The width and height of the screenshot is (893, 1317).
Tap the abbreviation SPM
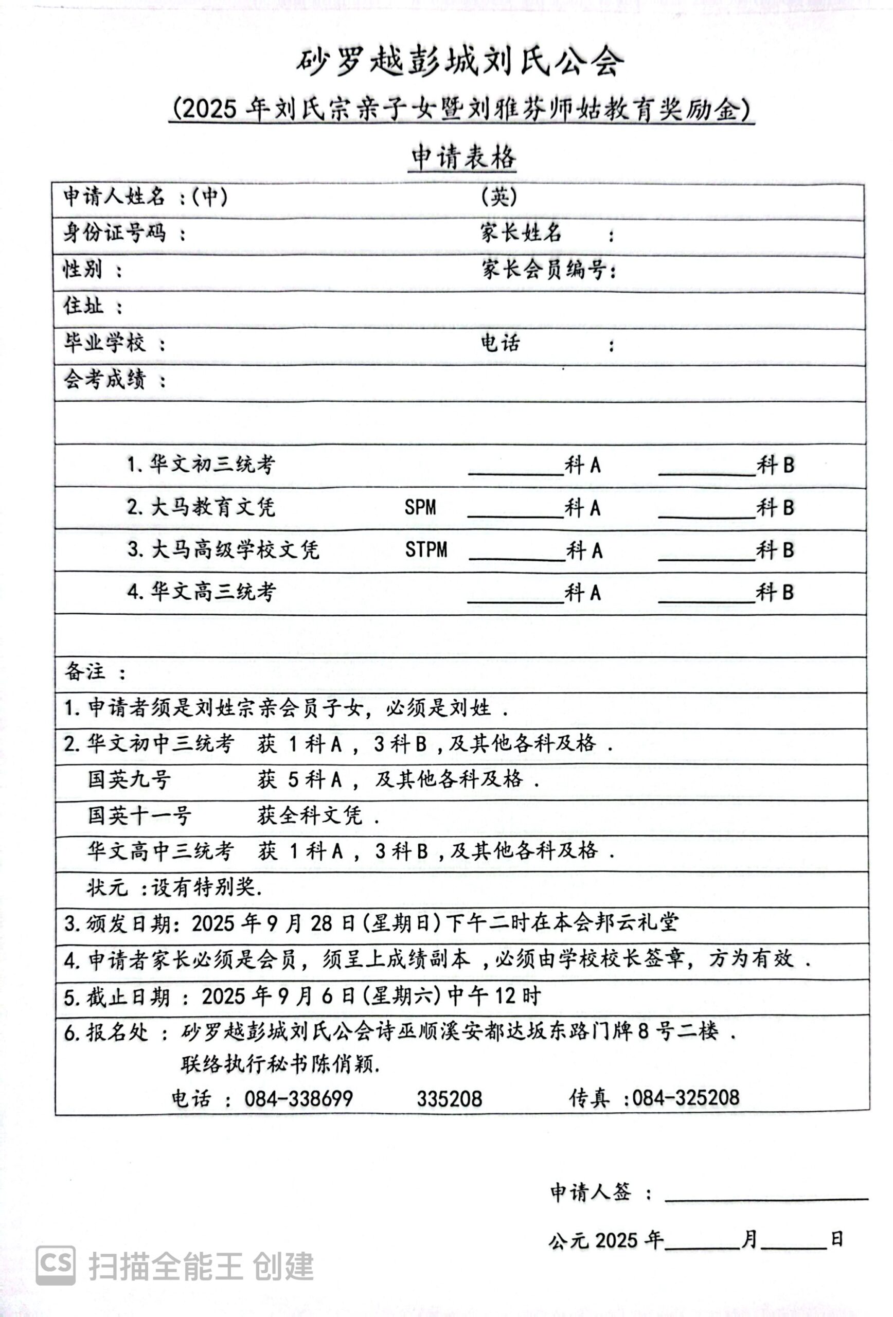point(420,507)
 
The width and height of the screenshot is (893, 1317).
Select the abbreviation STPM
point(425,550)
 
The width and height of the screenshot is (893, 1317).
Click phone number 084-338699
point(299,1099)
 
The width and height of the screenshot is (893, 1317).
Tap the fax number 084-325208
point(686,1098)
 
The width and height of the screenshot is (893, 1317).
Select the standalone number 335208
point(450,1099)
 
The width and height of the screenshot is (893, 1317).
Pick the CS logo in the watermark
point(56,1265)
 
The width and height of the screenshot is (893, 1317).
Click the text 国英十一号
point(139,815)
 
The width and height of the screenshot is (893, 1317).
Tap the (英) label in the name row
point(498,197)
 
